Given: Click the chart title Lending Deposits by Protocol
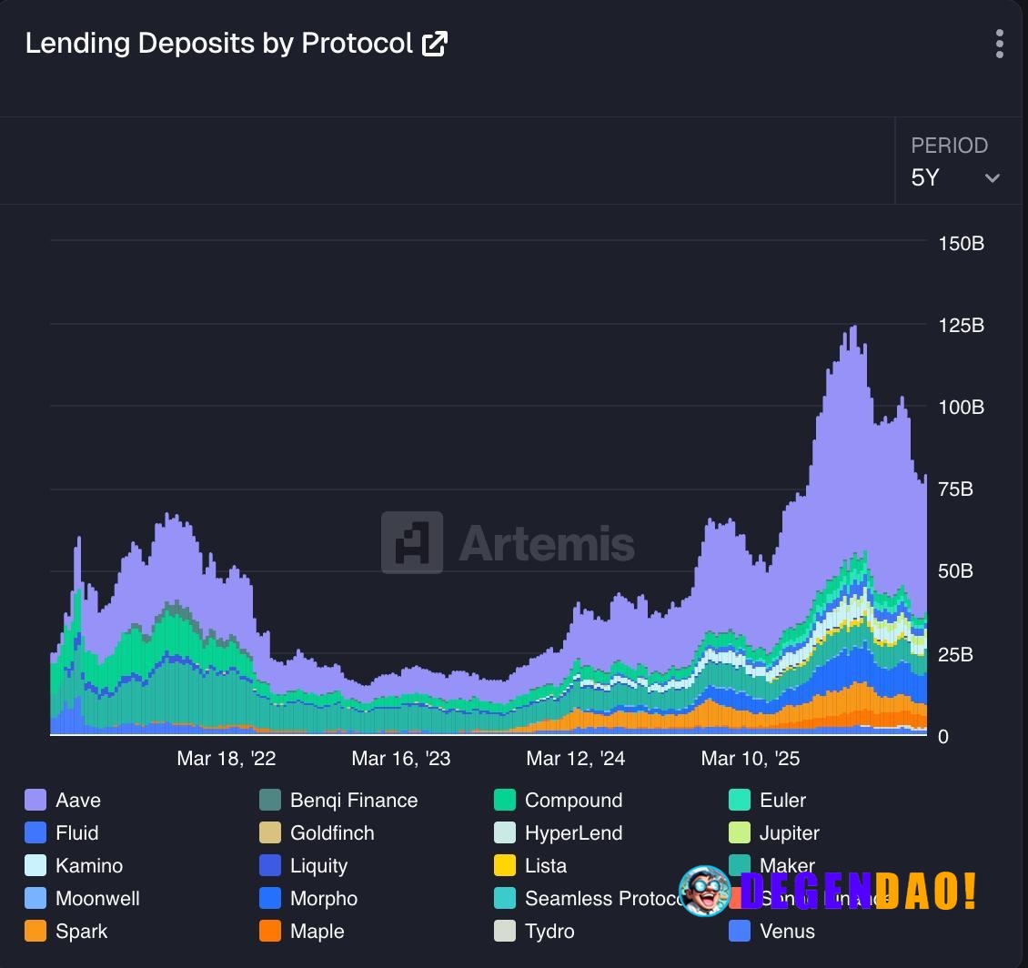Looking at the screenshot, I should pos(218,43).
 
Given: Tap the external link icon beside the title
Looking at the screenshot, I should pos(435,43).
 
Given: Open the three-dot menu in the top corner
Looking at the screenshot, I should pos(999,44).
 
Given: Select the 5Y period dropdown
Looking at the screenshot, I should pos(955,176).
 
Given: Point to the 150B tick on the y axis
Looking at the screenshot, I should pos(961,244).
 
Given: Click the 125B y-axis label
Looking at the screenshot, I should pos(961,326).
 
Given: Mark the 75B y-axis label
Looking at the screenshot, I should pos(955,489).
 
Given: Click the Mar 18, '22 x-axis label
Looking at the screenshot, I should pos(226,759).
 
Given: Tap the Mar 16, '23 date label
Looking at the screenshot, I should pos(400,759).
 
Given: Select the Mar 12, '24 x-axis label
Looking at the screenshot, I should pos(575,759).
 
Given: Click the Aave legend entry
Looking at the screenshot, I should pos(77,801).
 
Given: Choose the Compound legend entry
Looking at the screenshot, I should pos(573,801).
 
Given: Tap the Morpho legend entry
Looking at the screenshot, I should pos(323,899).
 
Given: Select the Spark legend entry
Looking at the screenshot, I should pos(81,932).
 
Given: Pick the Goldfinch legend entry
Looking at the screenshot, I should pos(331,833).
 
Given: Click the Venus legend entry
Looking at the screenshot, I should pos(786,932).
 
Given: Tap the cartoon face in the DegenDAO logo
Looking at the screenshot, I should pos(704,891).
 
